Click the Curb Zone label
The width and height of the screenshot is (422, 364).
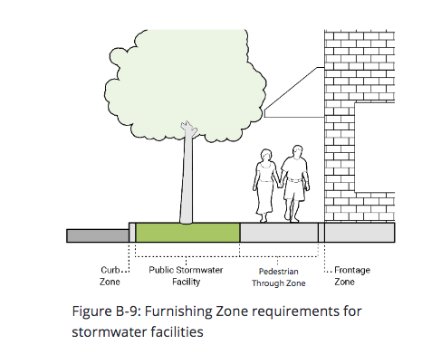pyautogui.click(x=110, y=275)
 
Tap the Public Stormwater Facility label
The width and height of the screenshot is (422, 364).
pyautogui.click(x=186, y=275)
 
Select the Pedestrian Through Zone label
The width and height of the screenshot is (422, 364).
pyautogui.click(x=279, y=277)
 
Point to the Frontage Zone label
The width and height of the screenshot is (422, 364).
pyautogui.click(x=352, y=275)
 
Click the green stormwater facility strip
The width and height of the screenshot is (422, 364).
pyautogui.click(x=187, y=233)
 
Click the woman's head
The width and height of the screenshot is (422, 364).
pyautogui.click(x=266, y=155)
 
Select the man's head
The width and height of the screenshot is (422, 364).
pyautogui.click(x=298, y=152)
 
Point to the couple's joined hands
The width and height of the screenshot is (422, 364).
pyautogui.click(x=280, y=185)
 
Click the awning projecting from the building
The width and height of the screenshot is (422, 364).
pyautogui.click(x=294, y=92)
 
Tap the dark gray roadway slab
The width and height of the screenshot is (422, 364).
pyautogui.click(x=98, y=235)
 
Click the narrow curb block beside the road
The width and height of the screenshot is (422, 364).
pyautogui.click(x=132, y=233)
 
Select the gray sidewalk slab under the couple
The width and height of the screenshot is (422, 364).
pyautogui.click(x=279, y=233)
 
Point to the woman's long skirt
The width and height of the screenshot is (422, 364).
pyautogui.click(x=264, y=196)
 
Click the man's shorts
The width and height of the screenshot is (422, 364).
pyautogui.click(x=294, y=189)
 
